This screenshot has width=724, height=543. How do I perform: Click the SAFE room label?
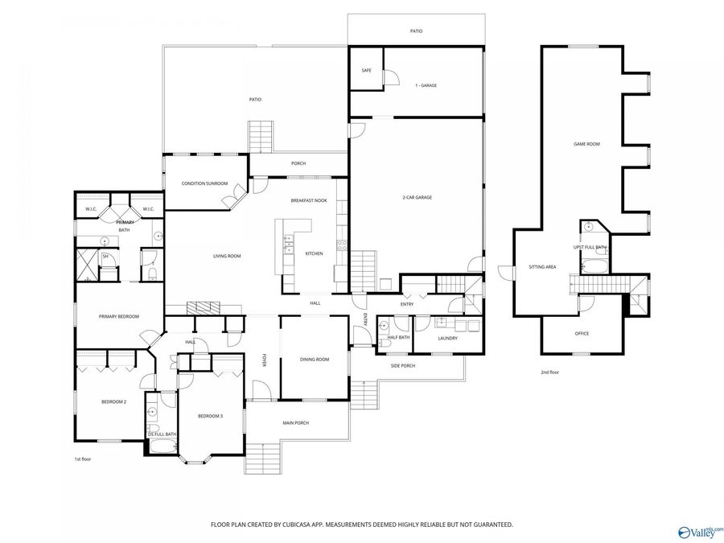366,71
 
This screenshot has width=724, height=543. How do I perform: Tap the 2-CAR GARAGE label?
418,198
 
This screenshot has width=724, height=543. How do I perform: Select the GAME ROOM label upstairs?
586,144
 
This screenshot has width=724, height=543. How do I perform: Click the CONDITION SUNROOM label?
204,183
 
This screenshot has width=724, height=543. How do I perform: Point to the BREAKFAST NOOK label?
309,201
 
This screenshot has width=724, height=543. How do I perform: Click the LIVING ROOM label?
227,257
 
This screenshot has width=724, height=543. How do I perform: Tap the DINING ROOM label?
315,360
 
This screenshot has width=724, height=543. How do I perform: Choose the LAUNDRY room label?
447,339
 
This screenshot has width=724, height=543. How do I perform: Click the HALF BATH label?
398,338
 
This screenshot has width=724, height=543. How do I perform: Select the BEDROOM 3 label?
211,417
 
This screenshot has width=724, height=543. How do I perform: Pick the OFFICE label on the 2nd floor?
582,334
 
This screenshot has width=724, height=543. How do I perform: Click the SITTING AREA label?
542,267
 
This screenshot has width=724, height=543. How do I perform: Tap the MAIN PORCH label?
296,423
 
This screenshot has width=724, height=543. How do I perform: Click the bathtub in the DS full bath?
163,446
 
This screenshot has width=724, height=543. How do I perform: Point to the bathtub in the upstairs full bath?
595,266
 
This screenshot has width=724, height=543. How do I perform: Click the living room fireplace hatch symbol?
204,307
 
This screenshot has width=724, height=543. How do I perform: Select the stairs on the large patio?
261,136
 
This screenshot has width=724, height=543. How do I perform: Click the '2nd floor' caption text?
550,372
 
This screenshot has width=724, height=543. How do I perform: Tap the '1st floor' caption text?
83,459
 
